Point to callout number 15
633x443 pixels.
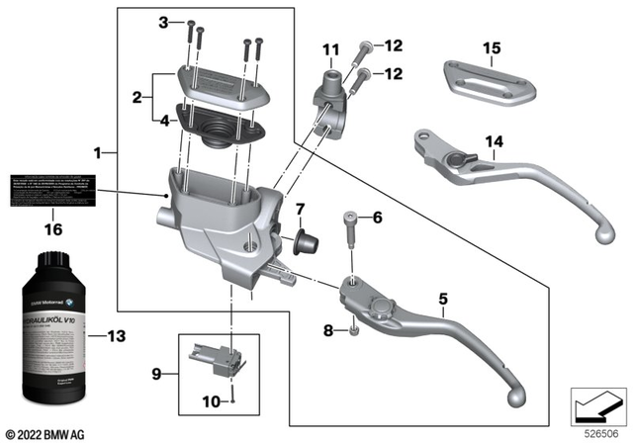[x=492, y=48]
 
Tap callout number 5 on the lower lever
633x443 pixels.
[x=444, y=298]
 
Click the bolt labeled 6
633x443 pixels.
[x=352, y=237]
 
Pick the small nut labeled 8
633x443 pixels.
[x=353, y=330]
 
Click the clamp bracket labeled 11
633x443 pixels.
[x=331, y=99]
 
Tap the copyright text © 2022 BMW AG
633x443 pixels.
[x=45, y=433]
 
